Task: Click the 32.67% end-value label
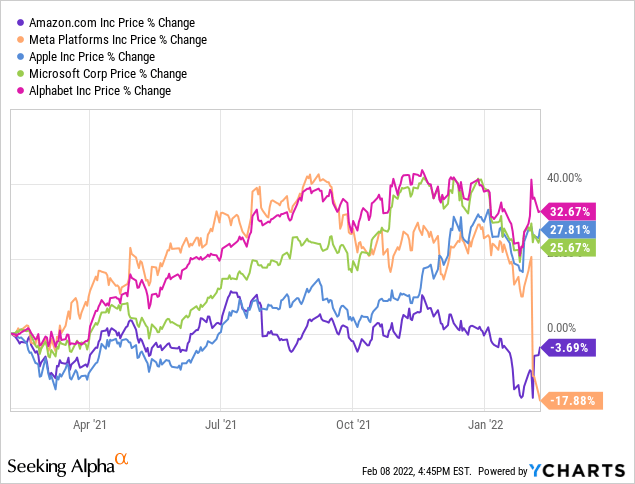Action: point(571,211)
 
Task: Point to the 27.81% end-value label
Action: point(571,229)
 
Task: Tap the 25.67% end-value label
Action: point(571,247)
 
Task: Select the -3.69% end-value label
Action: point(571,348)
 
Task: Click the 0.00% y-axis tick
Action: point(562,327)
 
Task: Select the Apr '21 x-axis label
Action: point(91,423)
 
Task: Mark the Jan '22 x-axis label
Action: point(486,423)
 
